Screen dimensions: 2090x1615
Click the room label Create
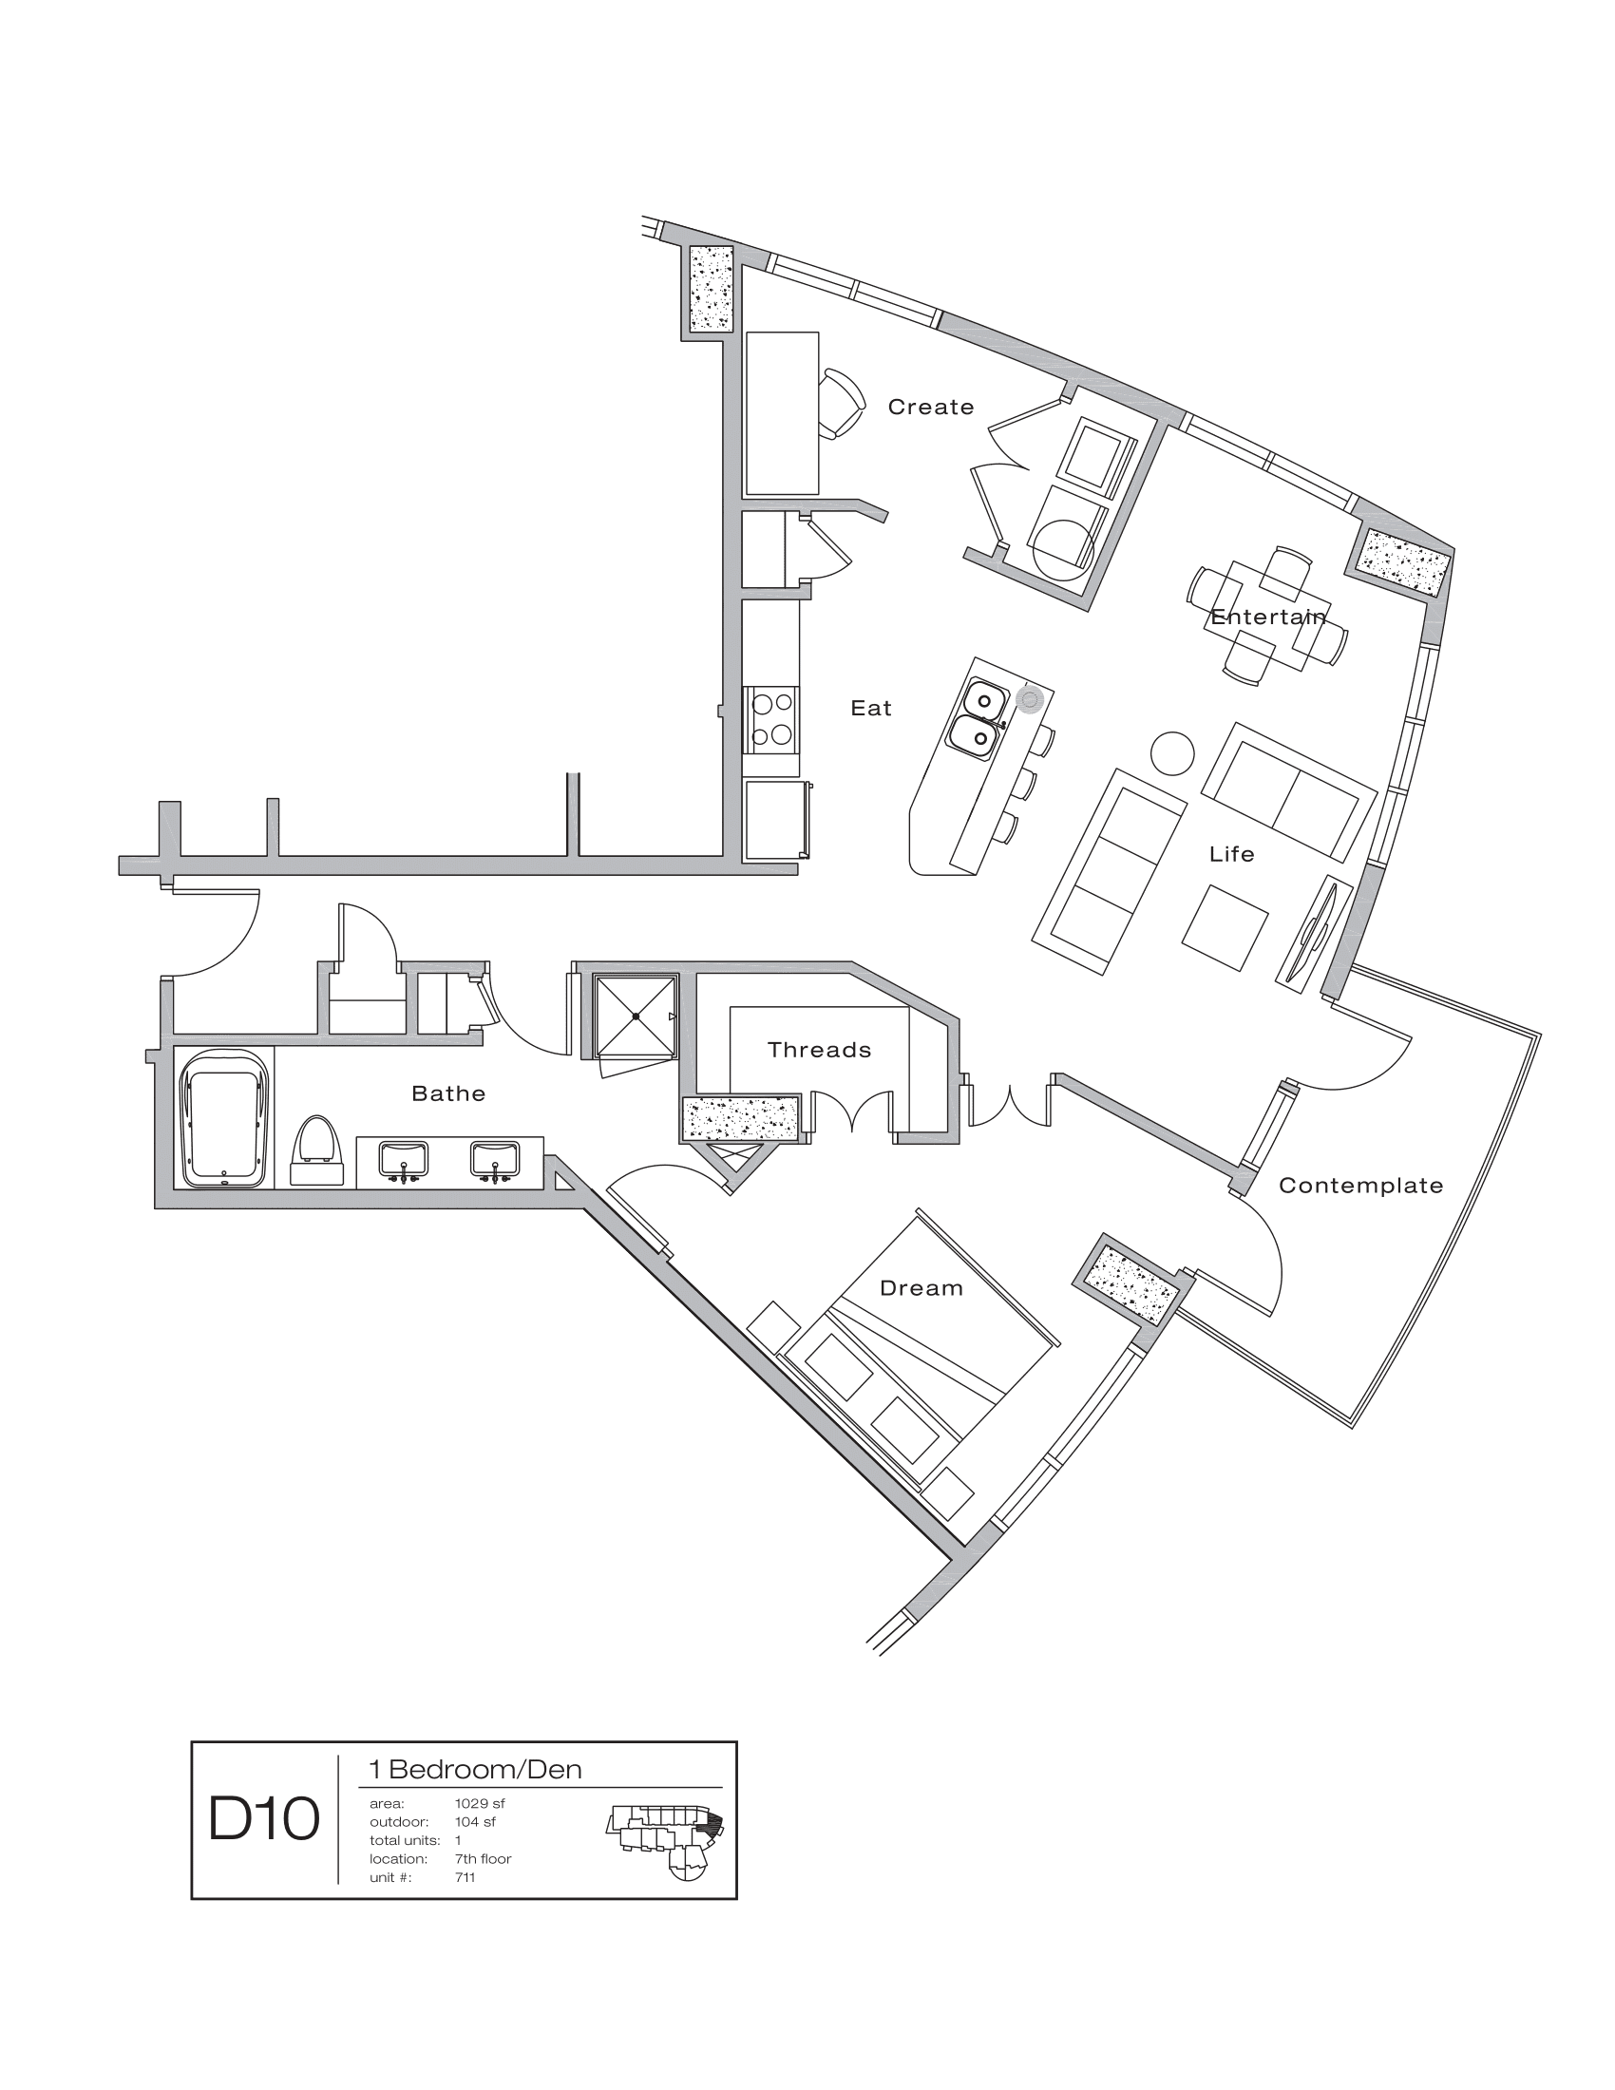point(930,408)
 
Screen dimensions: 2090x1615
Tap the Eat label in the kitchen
point(870,708)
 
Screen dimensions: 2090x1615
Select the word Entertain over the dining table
point(1267,617)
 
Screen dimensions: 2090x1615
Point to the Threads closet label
point(819,1050)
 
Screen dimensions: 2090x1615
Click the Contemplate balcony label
point(1360,1186)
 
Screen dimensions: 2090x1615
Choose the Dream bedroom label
point(921,1288)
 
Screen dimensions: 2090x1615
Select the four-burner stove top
point(771,719)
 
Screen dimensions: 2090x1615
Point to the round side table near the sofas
point(1171,754)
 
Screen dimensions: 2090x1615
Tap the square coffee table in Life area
point(1225,928)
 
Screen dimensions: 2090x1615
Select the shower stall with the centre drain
point(636,1016)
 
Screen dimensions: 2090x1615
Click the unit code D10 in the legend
point(264,1819)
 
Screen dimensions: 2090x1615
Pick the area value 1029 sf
point(480,1804)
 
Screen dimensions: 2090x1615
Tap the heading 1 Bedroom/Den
point(476,1770)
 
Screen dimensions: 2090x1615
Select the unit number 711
point(465,1876)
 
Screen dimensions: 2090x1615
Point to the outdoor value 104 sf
point(476,1822)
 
